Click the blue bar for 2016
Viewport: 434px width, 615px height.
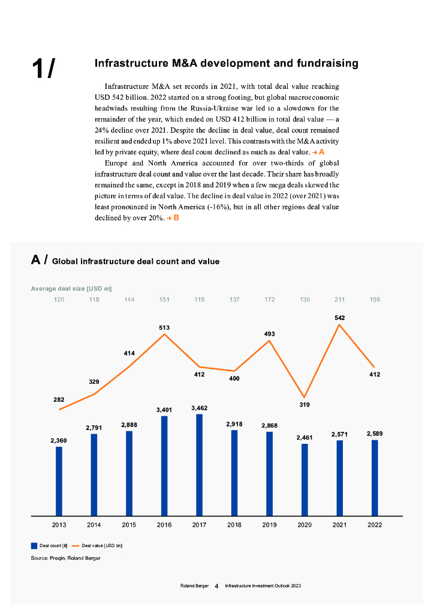164,465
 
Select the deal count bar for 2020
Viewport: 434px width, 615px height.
305,479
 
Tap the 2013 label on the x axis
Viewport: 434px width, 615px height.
59,524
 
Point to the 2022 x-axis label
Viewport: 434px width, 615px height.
375,524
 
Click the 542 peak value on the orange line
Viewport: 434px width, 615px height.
340,317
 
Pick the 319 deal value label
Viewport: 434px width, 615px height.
305,405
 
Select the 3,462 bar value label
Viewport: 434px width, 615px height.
199,408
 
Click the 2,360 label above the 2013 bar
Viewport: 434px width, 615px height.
59,440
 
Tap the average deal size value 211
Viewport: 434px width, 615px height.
340,299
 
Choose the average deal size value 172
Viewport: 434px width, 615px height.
270,299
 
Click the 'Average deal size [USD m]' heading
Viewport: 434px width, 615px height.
71,289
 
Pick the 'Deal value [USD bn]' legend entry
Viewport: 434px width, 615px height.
101,545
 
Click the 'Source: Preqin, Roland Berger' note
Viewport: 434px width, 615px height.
66,558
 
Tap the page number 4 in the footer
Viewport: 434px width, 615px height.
216,586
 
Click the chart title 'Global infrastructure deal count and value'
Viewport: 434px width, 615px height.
135,261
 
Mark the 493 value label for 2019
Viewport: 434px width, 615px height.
270,333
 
